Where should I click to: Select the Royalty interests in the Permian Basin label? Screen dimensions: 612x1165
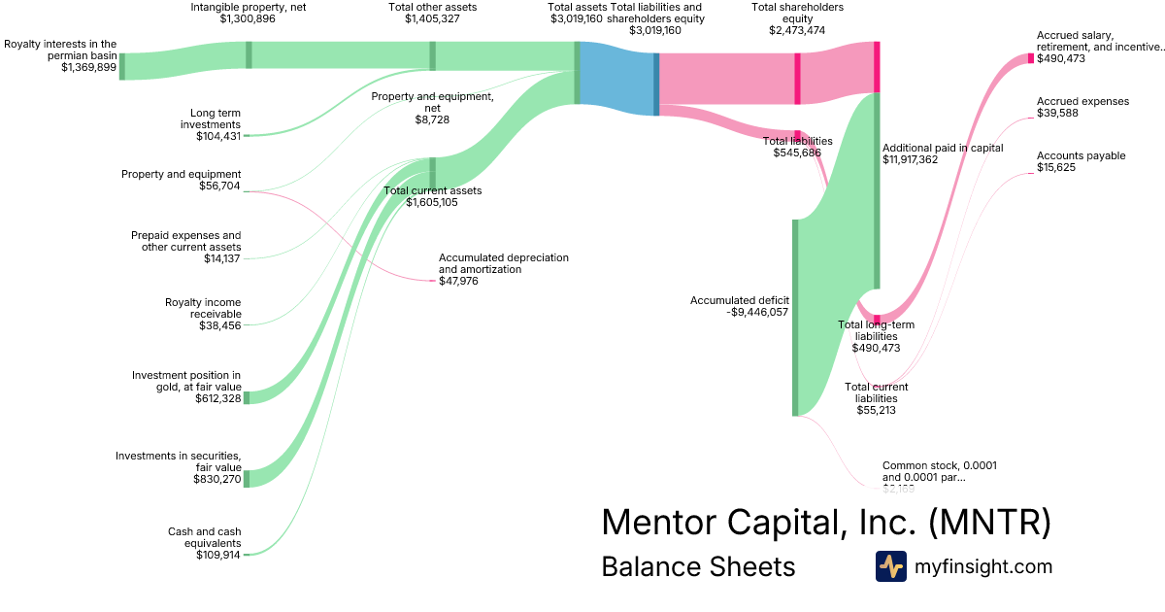pos(60,50)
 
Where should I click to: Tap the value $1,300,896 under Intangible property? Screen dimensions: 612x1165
pos(248,19)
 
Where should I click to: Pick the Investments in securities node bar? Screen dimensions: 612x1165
pos(247,478)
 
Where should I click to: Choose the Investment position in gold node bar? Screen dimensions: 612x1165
pos(247,396)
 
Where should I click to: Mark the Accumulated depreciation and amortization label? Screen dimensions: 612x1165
pos(503,263)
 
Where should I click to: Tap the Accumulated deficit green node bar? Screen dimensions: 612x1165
pos(795,318)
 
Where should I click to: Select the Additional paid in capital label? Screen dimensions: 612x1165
pos(942,148)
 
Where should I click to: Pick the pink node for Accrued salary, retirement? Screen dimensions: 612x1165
pos(1031,58)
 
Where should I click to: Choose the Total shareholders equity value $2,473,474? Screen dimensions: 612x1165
pos(797,31)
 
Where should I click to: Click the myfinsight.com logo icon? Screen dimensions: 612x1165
pos(890,566)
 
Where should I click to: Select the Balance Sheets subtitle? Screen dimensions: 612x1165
pos(698,566)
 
